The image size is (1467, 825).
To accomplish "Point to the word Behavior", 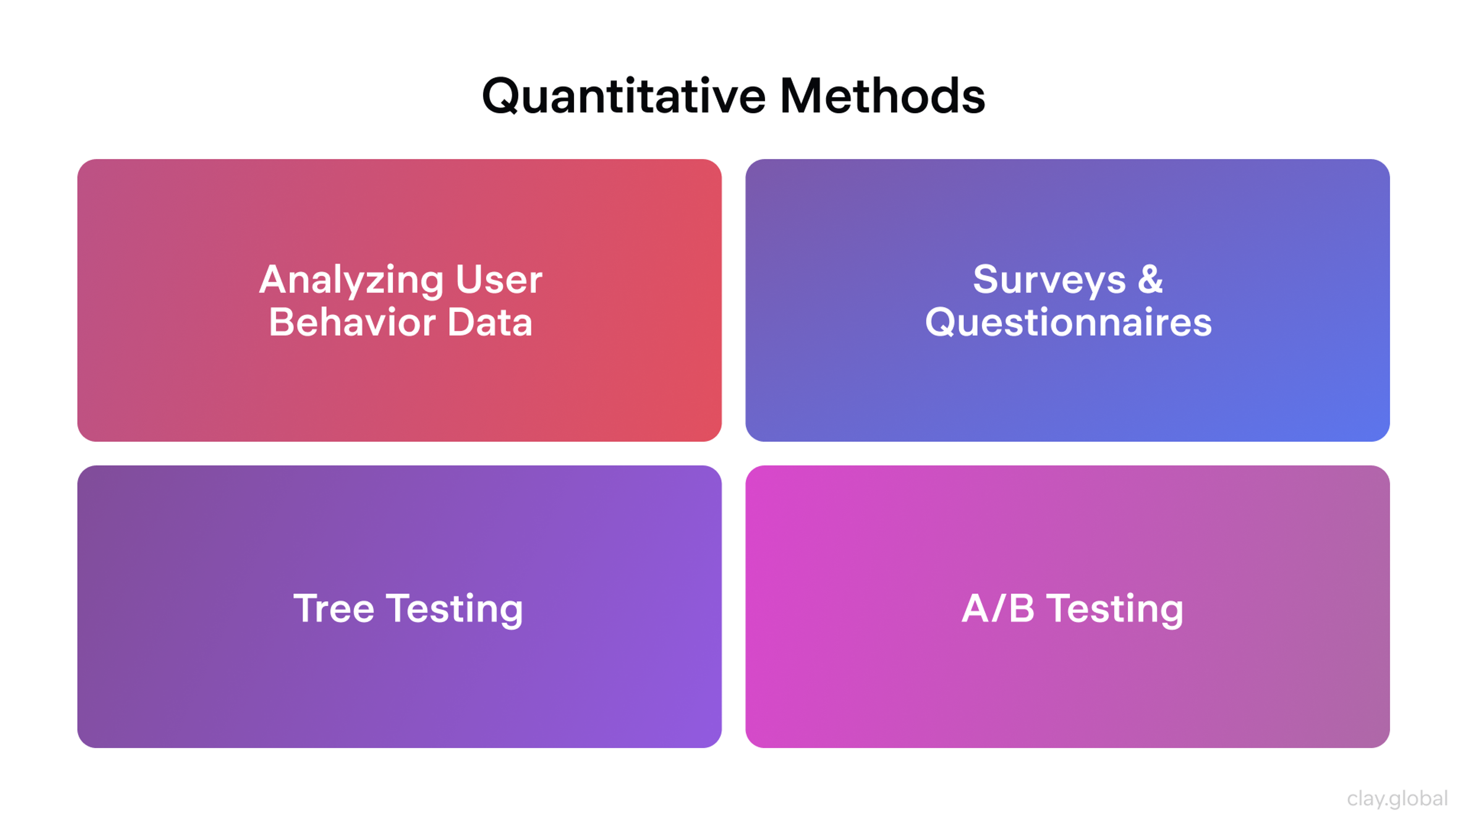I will tap(351, 322).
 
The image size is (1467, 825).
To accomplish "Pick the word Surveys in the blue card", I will tap(1049, 280).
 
